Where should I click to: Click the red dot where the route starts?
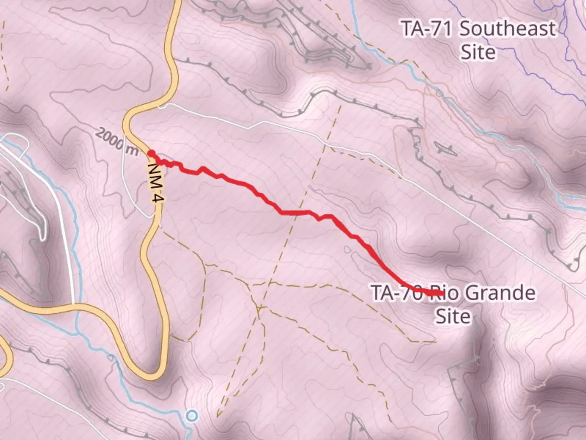(151, 154)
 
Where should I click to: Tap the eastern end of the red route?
(441, 293)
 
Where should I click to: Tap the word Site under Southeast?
(478, 53)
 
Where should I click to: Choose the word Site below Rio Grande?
(453, 316)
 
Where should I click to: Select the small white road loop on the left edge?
(16, 143)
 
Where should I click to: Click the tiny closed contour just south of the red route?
(347, 249)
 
